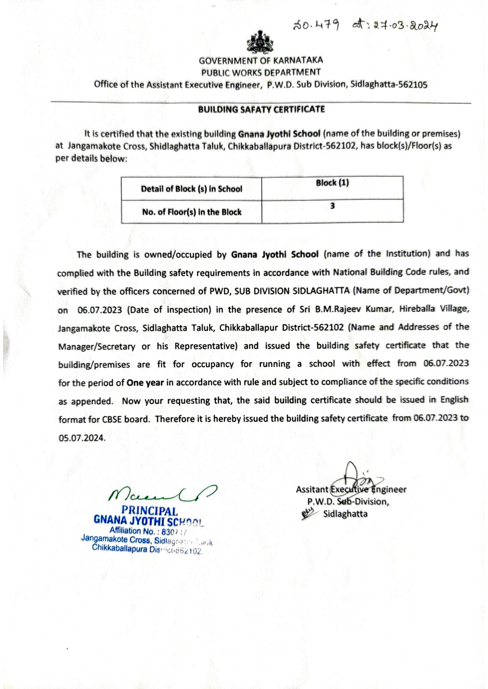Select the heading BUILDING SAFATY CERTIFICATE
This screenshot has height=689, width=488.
261,109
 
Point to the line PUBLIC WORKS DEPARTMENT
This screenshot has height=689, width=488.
261,72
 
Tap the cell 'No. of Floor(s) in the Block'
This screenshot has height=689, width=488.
192,212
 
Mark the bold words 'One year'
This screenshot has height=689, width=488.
145,383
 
